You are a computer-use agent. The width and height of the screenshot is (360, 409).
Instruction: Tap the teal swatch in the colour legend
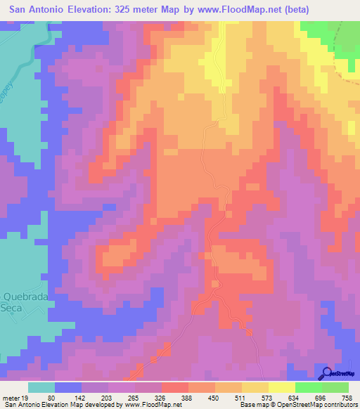[41, 387]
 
